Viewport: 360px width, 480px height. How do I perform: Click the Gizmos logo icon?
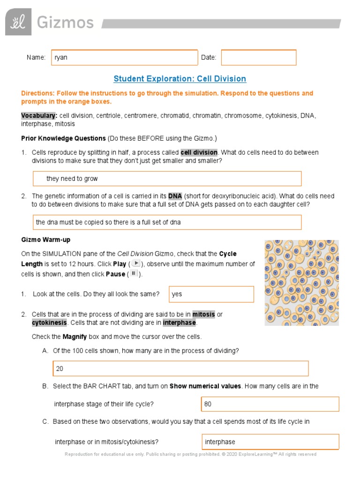pos(18,22)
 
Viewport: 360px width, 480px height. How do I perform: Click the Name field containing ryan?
pos(124,57)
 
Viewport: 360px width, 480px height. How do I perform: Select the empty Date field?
pos(259,57)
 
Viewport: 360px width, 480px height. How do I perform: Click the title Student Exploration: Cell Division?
pos(180,79)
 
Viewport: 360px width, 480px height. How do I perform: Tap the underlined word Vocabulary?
pos(38,115)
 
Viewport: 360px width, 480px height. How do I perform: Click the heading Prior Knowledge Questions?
pos(63,138)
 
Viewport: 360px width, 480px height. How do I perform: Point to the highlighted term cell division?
pos(199,152)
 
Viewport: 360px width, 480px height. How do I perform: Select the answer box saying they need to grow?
pos(167,179)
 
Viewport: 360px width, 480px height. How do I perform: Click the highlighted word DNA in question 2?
pos(175,196)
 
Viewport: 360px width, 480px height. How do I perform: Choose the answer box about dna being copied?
pos(167,222)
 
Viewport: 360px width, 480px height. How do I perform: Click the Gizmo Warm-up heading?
pos(46,240)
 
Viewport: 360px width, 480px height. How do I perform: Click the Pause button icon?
pos(134,274)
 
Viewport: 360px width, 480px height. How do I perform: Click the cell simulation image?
pos(301,283)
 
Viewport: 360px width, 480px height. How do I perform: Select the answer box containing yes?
pos(211,294)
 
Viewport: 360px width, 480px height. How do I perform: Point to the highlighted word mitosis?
pos(203,314)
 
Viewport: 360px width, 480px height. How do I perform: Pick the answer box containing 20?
pos(180,368)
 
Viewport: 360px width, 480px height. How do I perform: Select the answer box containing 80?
pos(270,404)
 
